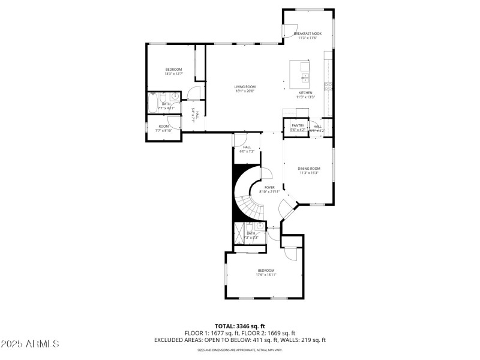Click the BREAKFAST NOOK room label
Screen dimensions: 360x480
pyautogui.click(x=308, y=34)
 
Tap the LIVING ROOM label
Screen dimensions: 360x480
pyautogui.click(x=245, y=87)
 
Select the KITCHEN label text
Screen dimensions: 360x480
pyautogui.click(x=305, y=92)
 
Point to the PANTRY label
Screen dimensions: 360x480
pyautogui.click(x=298, y=125)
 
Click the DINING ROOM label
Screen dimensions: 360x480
pyautogui.click(x=309, y=169)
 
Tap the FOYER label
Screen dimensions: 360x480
pyautogui.click(x=269, y=187)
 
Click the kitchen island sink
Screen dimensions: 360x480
pyautogui.click(x=305, y=77)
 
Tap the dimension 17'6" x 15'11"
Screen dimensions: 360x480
pyautogui.click(x=266, y=275)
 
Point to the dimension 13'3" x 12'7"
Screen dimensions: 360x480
pyautogui.click(x=173, y=74)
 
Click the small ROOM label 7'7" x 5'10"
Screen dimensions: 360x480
pyautogui.click(x=163, y=128)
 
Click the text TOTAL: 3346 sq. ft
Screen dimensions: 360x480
pyautogui.click(x=239, y=326)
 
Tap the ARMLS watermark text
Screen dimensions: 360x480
pyautogui.click(x=30, y=344)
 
